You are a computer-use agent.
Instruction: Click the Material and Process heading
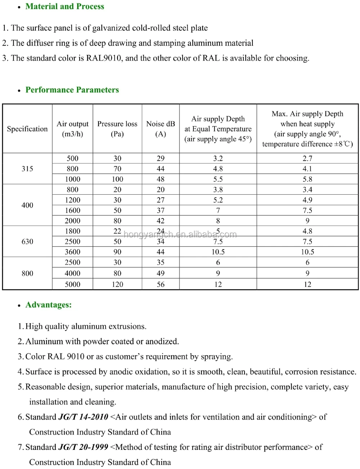tap(65, 6)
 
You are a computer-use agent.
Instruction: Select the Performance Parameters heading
tap(72, 90)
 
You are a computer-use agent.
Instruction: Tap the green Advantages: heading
tap(49, 305)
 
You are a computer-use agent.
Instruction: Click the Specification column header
tap(27, 129)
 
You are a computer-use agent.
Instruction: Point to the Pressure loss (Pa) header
tap(117, 129)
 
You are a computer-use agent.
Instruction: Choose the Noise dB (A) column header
tap(161, 129)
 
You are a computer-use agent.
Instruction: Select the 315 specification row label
tap(27, 169)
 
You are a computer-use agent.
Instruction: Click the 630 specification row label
tap(27, 242)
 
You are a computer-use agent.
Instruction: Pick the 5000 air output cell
tap(72, 284)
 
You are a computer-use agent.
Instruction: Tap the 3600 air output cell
tap(72, 252)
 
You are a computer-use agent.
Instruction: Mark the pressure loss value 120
tap(117, 284)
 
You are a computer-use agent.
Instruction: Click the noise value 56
tap(161, 284)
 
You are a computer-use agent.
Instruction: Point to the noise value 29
tap(161, 158)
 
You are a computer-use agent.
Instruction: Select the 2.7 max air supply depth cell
tap(307, 158)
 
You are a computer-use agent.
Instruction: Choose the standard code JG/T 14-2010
tap(83, 417)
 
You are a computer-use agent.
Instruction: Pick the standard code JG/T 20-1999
tap(83, 447)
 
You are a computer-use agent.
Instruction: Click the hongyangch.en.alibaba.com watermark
tap(180, 235)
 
